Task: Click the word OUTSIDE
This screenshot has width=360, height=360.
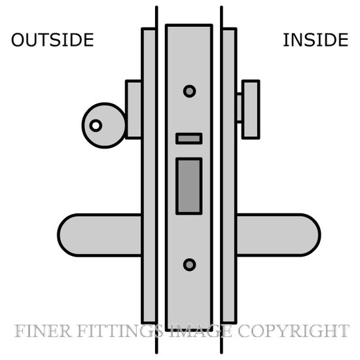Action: tap(52, 40)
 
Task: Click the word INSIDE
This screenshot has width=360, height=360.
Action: tap(315, 40)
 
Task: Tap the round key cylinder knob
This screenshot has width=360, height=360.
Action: tap(104, 126)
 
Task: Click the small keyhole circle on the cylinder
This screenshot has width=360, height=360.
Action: tap(96, 126)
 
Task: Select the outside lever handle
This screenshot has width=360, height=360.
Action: tap(100, 235)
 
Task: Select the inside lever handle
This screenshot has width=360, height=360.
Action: tap(278, 235)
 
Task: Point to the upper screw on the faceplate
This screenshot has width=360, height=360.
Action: tap(189, 91)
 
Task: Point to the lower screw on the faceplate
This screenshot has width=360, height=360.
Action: tap(189, 264)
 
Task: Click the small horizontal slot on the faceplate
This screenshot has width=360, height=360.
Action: tap(189, 139)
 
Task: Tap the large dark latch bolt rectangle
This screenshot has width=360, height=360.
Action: tap(189, 186)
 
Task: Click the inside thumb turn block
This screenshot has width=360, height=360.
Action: tap(251, 109)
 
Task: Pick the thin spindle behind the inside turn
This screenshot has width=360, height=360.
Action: tap(239, 108)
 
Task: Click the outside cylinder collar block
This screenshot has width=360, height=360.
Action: tap(134, 109)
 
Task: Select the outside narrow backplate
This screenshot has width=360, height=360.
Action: tap(149, 176)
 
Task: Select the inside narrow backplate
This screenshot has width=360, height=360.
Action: tap(229, 176)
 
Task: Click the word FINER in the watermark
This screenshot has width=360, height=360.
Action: tap(43, 331)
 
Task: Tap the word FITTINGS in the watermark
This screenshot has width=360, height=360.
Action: tap(120, 331)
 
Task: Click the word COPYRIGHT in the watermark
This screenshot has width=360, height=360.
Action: tap(293, 331)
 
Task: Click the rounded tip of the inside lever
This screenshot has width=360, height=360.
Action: tap(319, 235)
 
